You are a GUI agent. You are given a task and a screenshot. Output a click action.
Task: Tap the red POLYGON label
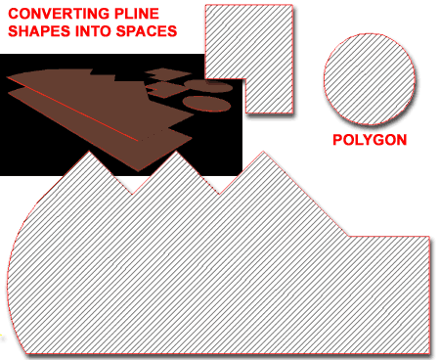[370, 141]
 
